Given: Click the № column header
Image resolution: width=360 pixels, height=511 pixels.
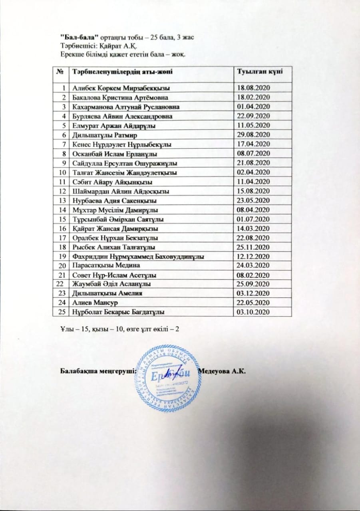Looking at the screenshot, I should [x=62, y=72].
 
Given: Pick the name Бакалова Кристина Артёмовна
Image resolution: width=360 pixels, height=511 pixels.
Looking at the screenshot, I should [x=117, y=97].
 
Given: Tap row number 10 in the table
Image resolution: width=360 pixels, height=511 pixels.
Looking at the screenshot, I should [x=62, y=172].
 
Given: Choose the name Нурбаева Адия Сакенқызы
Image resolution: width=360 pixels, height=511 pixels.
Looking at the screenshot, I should [x=114, y=200].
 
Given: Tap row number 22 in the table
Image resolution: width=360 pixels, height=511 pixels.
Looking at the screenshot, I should [x=60, y=284].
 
